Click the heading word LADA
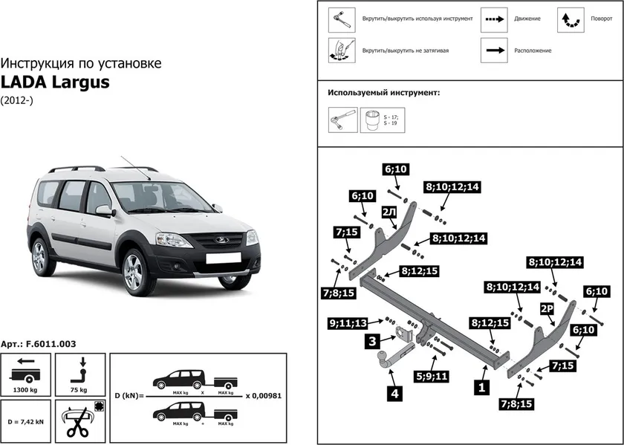pyautogui.click(x=25, y=82)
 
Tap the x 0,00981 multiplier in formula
pyautogui.click(x=265, y=396)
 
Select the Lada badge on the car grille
pyautogui.click(x=218, y=239)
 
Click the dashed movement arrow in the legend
pyautogui.click(x=493, y=19)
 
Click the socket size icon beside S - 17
pyautogui.click(x=371, y=120)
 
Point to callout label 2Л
pyautogui.click(x=388, y=212)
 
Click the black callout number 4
pyautogui.click(x=395, y=394)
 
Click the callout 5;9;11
pyautogui.click(x=432, y=376)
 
